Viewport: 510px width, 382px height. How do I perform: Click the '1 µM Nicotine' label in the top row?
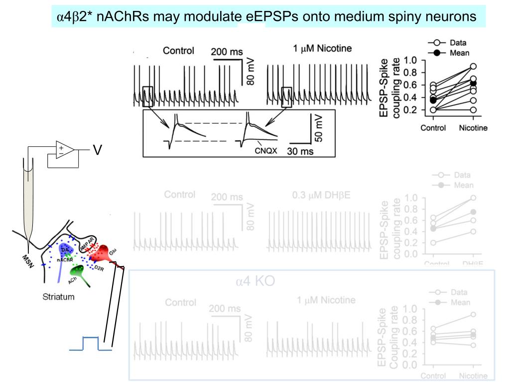point(323,48)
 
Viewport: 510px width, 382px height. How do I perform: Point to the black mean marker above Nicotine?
point(473,84)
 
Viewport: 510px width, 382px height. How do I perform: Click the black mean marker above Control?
point(433,100)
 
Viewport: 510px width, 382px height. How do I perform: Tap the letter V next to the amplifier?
point(98,149)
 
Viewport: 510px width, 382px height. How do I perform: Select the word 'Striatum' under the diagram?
point(59,297)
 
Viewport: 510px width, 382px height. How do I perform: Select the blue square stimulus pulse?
point(91,344)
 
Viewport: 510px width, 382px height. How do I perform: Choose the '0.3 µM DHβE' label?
point(321,194)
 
